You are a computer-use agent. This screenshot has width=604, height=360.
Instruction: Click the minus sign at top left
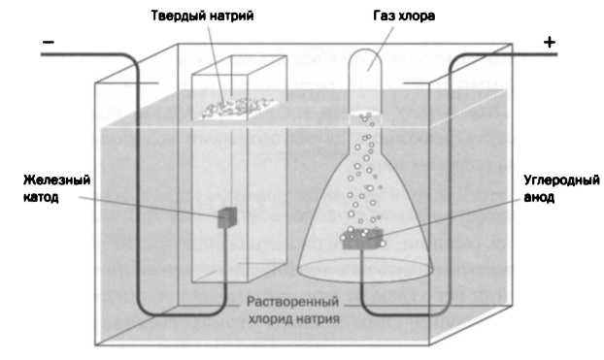[x=48, y=42]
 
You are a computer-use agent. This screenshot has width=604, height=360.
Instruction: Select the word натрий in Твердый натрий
[x=232, y=16]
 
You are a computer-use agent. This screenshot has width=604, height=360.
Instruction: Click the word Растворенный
[x=288, y=301]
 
